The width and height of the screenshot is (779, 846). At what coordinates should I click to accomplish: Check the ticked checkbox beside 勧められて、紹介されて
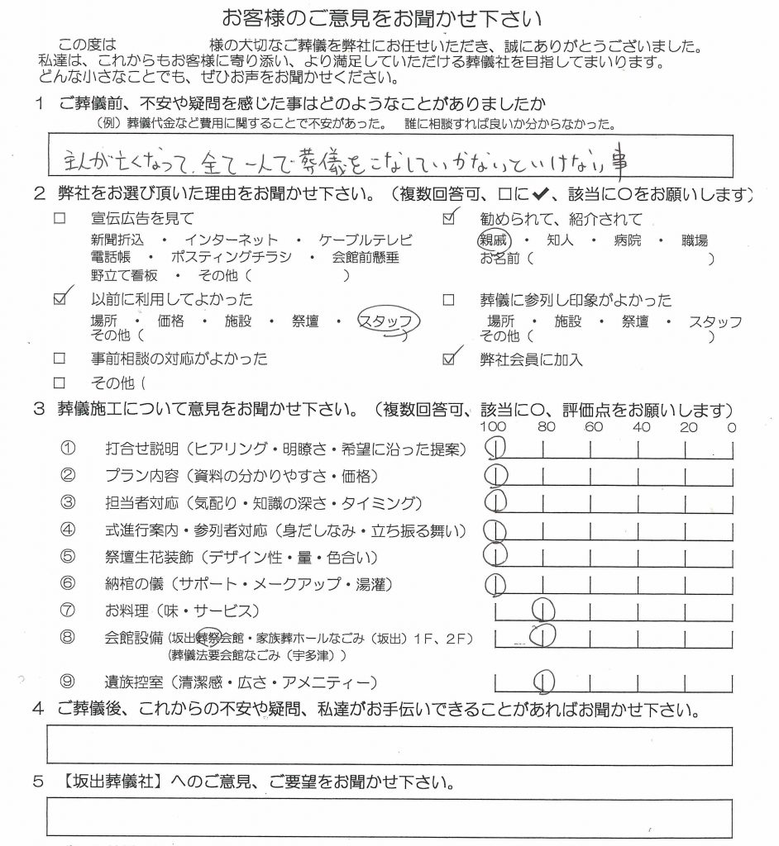click(450, 219)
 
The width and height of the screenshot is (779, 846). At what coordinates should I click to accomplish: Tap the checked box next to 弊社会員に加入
click(450, 359)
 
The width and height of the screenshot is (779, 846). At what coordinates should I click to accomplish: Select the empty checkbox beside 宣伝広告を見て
click(59, 219)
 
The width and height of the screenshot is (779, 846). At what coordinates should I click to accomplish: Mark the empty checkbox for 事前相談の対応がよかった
click(59, 359)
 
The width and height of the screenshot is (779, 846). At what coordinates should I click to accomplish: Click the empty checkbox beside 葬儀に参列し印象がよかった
click(449, 300)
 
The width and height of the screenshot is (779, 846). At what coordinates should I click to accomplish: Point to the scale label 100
click(493, 427)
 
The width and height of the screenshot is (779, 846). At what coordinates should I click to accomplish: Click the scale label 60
click(593, 427)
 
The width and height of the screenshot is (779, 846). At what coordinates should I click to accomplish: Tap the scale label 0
click(731, 427)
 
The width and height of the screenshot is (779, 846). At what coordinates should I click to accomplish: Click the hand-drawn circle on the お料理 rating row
click(544, 611)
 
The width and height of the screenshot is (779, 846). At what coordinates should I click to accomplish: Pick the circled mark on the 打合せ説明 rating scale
click(496, 448)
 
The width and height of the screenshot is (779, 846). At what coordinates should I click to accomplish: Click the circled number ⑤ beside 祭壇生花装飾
click(69, 556)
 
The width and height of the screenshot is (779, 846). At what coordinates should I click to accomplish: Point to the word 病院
click(629, 240)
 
